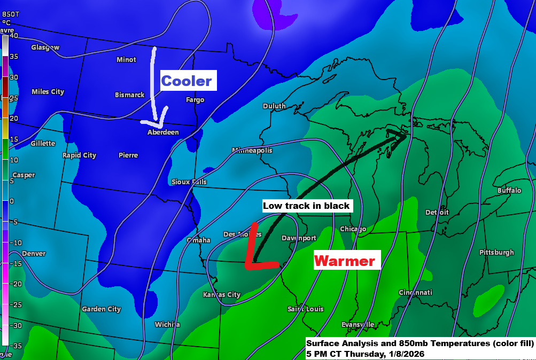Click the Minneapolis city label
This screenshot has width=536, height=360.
coord(252,151)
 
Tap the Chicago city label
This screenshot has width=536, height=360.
coord(353,229)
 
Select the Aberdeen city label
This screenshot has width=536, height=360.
coord(164,132)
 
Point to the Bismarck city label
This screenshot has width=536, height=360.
coord(130,95)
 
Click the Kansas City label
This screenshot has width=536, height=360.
coord(222,295)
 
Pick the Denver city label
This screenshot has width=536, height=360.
coord(34,254)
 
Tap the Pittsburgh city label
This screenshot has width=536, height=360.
coord(496,253)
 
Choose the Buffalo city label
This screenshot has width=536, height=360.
coord(509,191)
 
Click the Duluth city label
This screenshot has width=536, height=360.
coord(274,106)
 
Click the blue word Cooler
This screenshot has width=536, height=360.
coord(187,81)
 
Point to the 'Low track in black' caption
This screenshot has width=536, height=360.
coord(306,206)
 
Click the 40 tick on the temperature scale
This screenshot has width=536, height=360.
coord(14,36)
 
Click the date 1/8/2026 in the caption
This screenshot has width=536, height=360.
coord(405,354)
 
